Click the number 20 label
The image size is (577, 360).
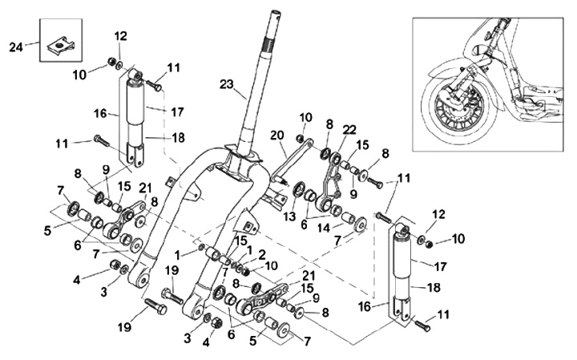278,135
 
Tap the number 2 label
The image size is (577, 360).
261,253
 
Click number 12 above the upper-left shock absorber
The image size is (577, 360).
121,36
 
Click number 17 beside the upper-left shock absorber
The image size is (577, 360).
177,111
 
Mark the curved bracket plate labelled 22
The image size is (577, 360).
331,181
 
